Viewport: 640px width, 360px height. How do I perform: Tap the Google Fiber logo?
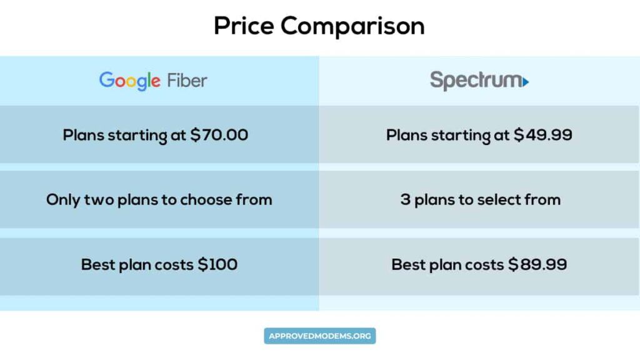tap(153, 81)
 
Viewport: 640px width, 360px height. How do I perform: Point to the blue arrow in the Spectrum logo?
tap(526, 82)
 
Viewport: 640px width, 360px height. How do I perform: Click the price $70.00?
tap(219, 134)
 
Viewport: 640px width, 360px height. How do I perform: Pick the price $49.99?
tap(542, 134)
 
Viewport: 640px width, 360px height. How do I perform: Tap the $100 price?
tap(217, 264)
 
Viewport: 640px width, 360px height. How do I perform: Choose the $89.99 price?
tap(537, 264)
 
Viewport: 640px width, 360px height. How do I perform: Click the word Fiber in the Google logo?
tap(187, 81)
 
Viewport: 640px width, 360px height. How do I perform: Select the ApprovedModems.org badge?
tap(319, 336)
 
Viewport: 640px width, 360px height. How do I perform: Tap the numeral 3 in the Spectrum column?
tap(405, 199)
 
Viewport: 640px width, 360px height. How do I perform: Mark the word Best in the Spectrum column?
tap(407, 264)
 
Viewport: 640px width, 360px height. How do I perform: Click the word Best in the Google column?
tap(97, 264)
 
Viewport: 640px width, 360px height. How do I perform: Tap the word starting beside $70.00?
tap(138, 135)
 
